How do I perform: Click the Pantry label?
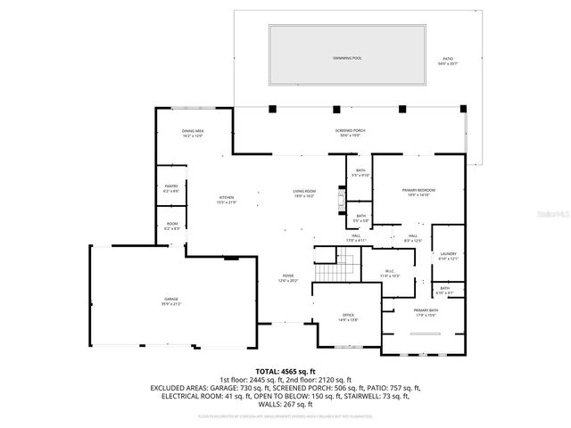[170, 188]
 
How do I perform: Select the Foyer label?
[287, 278]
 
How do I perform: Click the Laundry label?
[448, 257]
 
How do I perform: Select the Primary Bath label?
[425, 312]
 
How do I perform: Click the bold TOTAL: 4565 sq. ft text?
[285, 370]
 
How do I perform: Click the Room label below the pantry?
[171, 226]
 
